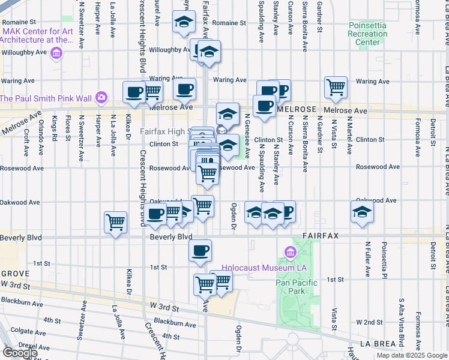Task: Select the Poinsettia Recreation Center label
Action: click(x=367, y=34)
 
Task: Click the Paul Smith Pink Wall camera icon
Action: click(x=101, y=97)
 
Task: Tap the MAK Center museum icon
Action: click(x=57, y=53)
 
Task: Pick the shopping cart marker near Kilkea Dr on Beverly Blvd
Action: click(x=115, y=223)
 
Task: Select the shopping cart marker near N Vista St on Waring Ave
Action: click(x=336, y=87)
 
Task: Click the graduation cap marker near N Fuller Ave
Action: click(x=362, y=212)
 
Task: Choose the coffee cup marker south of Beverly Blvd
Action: click(x=200, y=250)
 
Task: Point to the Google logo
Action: click(x=20, y=353)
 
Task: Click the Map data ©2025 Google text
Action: click(x=411, y=355)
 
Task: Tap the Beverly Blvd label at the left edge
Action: click(x=21, y=238)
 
